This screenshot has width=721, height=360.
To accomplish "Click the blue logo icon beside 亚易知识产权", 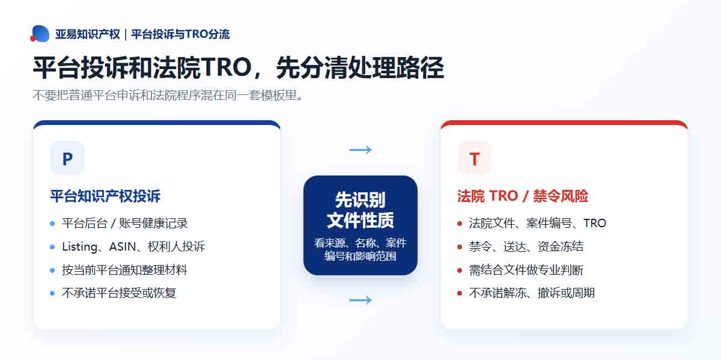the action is coord(40,34).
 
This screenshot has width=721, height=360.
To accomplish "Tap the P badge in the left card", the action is coord(67,158).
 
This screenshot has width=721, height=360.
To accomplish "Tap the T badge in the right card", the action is coord(475,158).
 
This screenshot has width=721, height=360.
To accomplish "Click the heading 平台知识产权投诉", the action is coord(105,196).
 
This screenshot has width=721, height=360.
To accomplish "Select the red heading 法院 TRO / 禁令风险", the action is coord(523,196).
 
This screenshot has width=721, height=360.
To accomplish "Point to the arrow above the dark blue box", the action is coord(360,150).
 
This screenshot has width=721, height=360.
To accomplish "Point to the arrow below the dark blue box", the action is coord(360,300).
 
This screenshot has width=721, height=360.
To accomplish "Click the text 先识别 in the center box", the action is coord(360,200).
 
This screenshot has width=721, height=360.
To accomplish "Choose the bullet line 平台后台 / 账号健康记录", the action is coord(125,223).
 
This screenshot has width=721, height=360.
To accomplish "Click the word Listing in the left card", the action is coord(79,247).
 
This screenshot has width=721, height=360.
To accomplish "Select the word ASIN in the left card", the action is coord(123,246).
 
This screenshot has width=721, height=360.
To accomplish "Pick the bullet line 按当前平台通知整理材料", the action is coord(124,270).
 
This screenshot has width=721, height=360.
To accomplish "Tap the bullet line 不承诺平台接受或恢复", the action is coord(119,293).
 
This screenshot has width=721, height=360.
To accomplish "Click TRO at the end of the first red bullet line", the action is coord(595,223).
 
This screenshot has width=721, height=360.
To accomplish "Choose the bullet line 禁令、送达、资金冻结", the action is coord(526,246).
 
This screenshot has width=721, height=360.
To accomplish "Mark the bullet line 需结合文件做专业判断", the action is coord(526,270).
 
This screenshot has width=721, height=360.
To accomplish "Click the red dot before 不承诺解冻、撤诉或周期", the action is coord(460,293).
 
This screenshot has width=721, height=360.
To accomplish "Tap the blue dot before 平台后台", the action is coord(52,224).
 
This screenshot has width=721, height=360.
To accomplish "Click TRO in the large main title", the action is coord(227,68).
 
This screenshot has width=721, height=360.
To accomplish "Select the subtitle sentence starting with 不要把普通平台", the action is coord(168,96).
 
